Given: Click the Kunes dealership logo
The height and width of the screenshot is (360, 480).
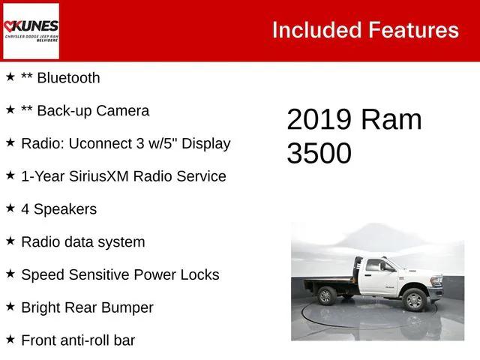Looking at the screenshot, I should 31,31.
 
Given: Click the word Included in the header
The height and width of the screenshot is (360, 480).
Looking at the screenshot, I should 316,30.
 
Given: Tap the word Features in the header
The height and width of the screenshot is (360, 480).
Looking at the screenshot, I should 413,30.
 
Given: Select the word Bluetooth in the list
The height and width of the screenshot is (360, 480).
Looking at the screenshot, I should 67,77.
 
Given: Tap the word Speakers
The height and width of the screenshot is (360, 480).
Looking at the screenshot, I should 64,209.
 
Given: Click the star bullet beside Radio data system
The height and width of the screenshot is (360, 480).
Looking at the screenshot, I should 10,241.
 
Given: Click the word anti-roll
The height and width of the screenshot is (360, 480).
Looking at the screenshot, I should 85,340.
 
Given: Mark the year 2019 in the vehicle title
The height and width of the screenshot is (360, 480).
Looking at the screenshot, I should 318,120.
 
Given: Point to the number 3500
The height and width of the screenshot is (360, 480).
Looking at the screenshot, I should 319,153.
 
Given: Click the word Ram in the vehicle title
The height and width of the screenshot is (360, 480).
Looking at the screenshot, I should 391,120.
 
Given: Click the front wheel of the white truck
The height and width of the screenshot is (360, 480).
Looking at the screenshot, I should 414,300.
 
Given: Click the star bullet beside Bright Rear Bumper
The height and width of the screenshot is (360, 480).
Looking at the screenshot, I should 10,307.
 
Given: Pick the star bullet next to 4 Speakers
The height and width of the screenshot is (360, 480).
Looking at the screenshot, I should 10,208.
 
